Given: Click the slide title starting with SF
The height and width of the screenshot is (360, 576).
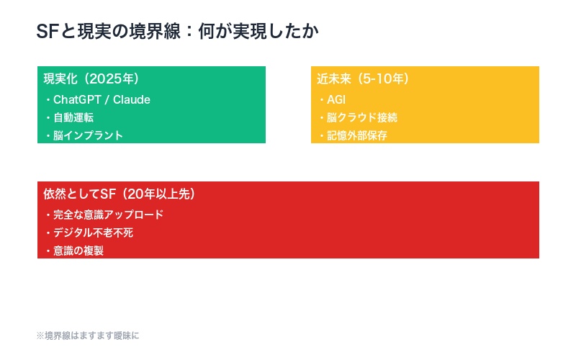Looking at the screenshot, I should tap(177, 32).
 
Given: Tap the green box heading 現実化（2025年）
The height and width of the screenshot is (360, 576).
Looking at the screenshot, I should tap(91, 79).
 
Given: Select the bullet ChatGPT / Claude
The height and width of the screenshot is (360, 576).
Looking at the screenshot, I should tap(101, 99).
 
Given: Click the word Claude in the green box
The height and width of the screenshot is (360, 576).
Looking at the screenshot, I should tap(132, 99).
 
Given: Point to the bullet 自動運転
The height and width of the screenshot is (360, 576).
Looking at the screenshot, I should tap(73, 117).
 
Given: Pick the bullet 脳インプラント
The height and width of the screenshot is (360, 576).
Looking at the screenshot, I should tap(88, 135).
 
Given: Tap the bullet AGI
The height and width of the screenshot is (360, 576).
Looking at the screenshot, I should tap(336, 99).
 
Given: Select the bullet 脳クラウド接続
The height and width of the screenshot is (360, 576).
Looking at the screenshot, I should tap(361, 117).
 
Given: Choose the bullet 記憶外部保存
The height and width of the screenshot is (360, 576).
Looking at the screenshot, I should tap(356, 135).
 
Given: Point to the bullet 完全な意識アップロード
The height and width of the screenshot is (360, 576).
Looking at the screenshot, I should tap(108, 215).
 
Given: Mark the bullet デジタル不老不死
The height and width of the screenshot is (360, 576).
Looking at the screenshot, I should tap(93, 233).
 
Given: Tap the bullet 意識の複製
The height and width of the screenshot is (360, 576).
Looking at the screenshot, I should tap(78, 251).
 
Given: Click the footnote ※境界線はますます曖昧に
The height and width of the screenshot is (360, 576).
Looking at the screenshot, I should tap(87, 336).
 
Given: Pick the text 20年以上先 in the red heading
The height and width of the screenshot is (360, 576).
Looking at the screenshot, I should tap(159, 194).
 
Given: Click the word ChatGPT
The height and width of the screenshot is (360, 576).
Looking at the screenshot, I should tap(76, 99).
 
